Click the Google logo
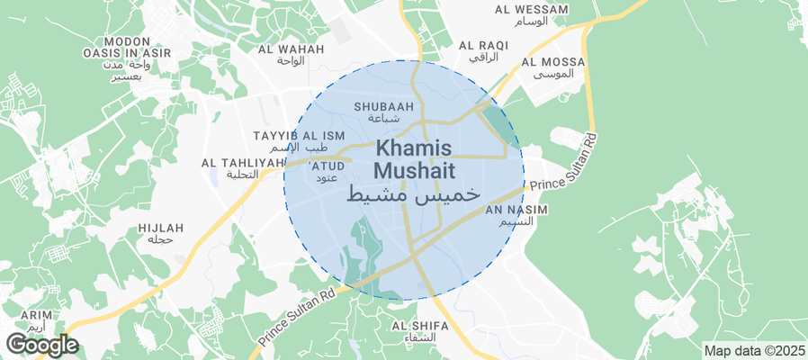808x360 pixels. (x=42, y=345)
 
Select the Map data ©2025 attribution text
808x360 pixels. (x=753, y=350)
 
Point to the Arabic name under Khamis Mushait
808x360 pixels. (x=410, y=193)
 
